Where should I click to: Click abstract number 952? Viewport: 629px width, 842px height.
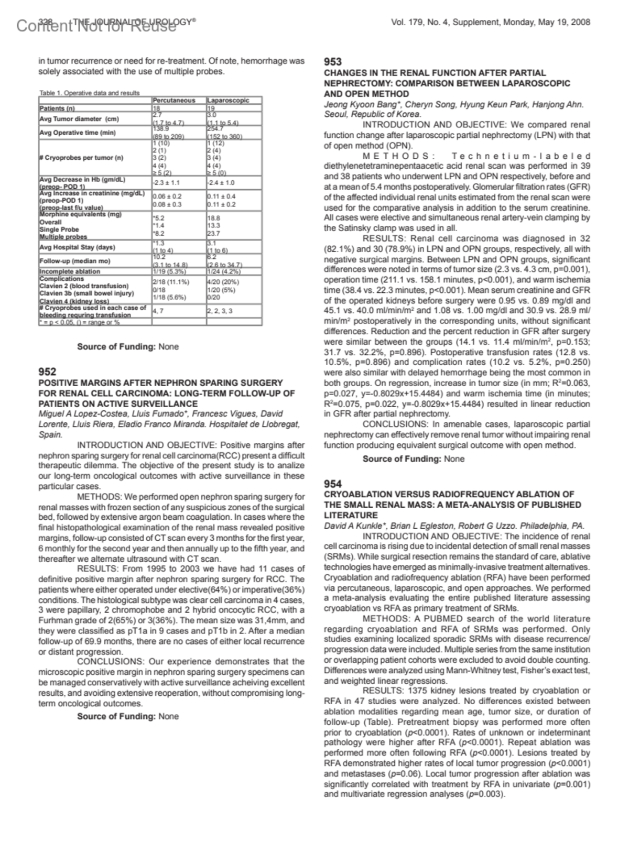coord(47,371)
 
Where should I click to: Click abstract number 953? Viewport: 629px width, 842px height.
coord(333,62)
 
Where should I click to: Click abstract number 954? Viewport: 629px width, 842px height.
coord(333,484)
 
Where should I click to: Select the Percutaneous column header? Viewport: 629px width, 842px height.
coord(174,100)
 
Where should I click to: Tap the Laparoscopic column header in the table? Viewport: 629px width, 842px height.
coord(227,100)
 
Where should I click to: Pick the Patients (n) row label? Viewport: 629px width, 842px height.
coord(57,108)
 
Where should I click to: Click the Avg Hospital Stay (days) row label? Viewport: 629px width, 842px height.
coord(77,247)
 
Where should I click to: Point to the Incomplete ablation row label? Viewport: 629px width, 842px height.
coord(69,271)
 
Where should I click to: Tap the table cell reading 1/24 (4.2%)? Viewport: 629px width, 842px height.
coord(224,271)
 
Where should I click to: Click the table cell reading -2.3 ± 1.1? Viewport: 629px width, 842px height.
coord(166,183)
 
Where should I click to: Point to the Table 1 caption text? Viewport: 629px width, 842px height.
coord(90,93)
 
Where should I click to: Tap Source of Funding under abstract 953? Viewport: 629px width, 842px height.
coord(413,459)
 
